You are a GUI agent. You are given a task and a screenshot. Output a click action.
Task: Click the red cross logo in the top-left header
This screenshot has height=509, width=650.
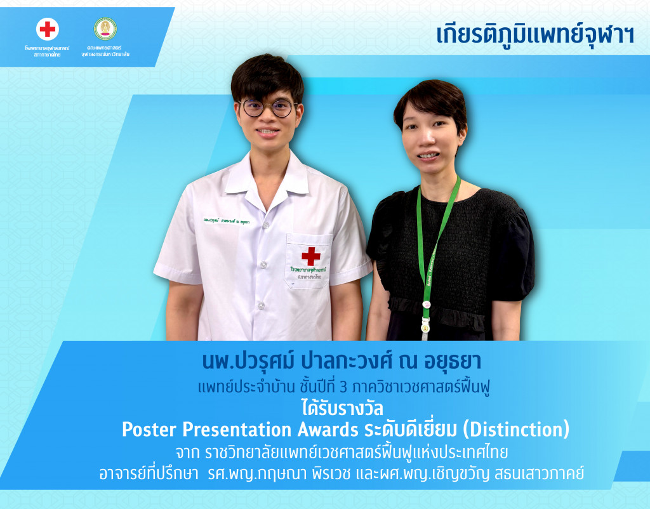point(48,29)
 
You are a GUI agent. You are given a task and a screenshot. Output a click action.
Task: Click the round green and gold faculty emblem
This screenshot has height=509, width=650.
point(105,29)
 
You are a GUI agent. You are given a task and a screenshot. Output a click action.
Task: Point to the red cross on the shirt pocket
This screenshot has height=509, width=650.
point(310,256)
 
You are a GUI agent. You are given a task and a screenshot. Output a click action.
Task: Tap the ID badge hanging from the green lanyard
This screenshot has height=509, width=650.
point(423,328)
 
